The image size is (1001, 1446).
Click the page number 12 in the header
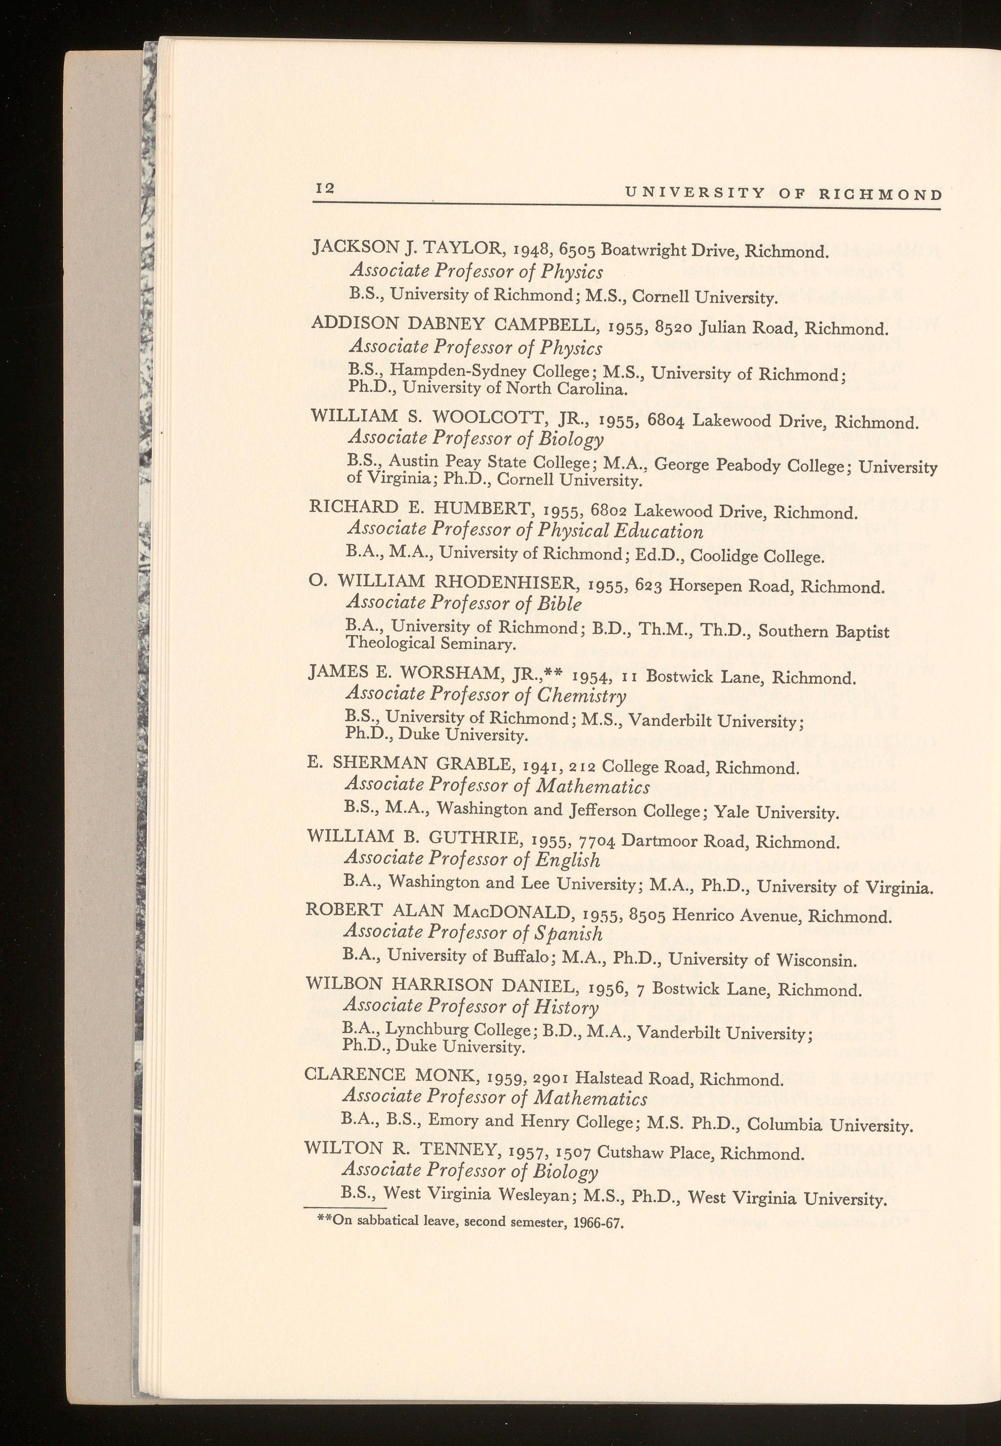325,188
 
